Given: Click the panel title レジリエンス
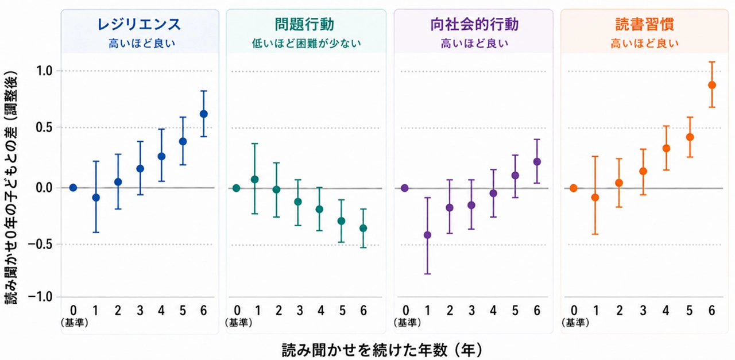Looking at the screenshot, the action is (139, 25).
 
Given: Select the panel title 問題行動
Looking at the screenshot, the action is (304, 25).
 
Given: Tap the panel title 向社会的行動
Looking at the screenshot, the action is (474, 25).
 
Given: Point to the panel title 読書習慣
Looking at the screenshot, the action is (644, 25).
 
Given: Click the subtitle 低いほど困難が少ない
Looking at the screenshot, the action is (307, 44).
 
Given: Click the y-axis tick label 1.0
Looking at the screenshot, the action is (45, 71).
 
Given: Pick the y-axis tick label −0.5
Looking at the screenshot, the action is (40, 244).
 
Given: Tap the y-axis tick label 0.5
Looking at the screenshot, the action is (45, 127).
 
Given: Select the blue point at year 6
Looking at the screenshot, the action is (204, 114).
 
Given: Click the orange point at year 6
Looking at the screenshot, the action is (711, 85).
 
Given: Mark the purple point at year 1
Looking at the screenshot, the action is (428, 235).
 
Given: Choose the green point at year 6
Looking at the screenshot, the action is (363, 228).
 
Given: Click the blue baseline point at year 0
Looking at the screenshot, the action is (73, 188).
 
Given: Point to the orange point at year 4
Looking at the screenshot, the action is (666, 148).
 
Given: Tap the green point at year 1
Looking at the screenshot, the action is (254, 180).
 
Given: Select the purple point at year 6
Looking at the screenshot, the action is (537, 161).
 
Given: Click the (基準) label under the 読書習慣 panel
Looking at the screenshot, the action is (575, 323).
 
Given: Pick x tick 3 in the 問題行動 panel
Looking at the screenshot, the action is (300, 311).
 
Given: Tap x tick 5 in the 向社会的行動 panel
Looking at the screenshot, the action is (515, 311).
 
